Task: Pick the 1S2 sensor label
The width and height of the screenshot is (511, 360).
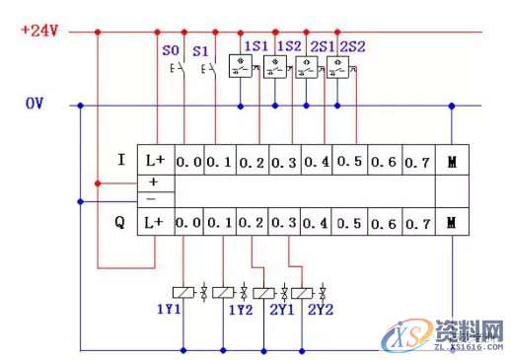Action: [289, 46]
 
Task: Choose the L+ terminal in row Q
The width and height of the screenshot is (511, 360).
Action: [154, 223]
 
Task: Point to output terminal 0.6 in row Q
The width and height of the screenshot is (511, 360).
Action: [383, 223]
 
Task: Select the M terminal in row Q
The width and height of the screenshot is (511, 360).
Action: [452, 223]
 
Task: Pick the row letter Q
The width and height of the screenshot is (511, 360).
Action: [120, 223]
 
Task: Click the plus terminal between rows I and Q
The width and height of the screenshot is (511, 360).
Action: [153, 182]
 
